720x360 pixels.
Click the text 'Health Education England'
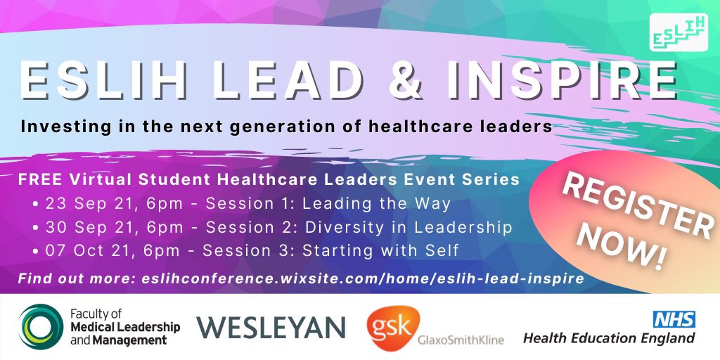(x=609, y=339)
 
